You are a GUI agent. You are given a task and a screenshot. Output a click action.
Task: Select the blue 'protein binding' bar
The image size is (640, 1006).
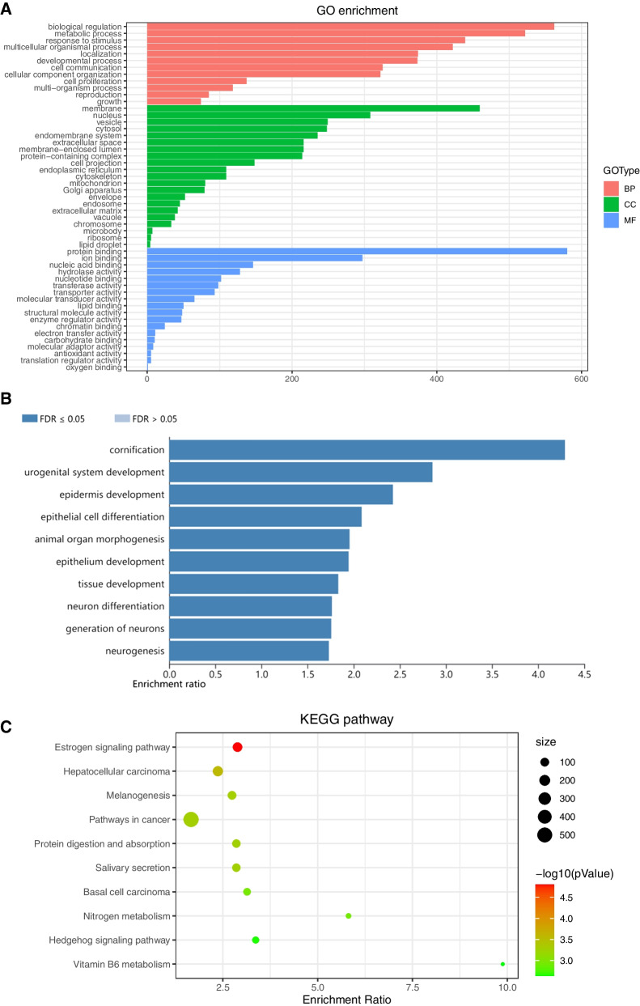356,228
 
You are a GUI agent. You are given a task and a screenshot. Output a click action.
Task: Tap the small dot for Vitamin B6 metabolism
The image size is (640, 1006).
503,964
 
